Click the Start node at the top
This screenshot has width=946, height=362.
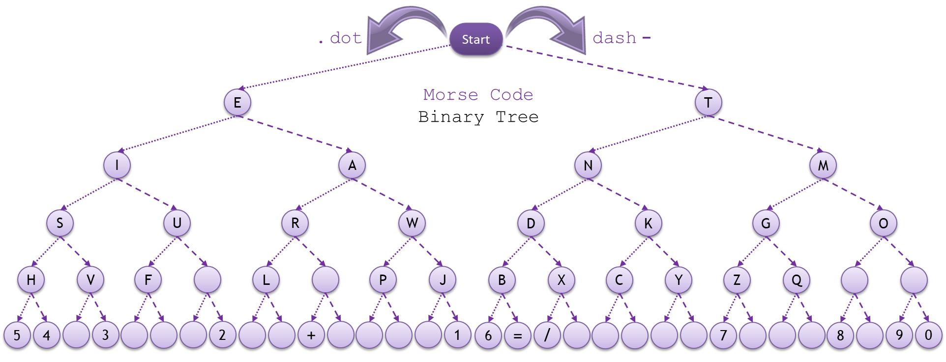[x=475, y=39]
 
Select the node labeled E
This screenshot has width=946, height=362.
[x=237, y=103]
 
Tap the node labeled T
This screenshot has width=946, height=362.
[x=709, y=103]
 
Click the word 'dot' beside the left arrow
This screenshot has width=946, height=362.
[x=346, y=38]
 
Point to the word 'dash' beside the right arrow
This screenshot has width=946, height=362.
[x=614, y=38]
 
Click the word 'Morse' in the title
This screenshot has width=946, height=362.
[x=450, y=94]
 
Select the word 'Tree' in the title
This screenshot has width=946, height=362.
[x=517, y=117]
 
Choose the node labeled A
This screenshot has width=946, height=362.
[x=352, y=166]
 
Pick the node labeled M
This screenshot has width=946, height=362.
[x=823, y=166]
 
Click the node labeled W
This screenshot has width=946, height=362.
[x=412, y=223]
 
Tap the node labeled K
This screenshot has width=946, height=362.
[x=648, y=223]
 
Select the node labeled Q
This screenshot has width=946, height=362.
[x=797, y=280]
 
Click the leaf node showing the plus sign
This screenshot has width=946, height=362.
[x=311, y=335]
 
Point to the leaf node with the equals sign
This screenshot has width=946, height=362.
[x=517, y=335]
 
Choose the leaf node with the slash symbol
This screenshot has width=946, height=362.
[x=547, y=335]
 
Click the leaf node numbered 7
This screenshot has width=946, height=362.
[x=723, y=335]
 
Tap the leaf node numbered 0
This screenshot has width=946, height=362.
[x=928, y=335]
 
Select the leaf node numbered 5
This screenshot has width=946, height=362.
[x=17, y=335]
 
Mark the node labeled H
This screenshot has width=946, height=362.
[x=31, y=280]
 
